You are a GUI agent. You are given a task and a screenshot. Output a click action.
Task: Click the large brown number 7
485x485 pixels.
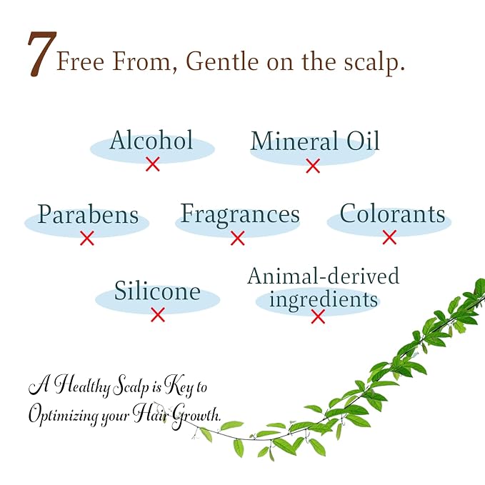point(42,54)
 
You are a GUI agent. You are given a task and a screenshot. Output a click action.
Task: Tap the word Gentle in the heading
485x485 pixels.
point(222,61)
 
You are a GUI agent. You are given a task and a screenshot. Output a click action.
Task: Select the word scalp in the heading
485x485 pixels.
point(374,63)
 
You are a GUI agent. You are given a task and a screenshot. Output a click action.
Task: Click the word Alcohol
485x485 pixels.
point(151,140)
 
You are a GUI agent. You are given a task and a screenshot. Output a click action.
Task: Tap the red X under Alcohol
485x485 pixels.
point(153,164)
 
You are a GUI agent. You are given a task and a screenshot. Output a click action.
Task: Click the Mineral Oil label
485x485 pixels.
point(315,141)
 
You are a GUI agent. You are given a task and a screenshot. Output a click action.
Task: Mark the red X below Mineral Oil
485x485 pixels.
point(313,166)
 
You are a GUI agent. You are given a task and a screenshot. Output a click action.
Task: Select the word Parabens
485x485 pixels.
point(88,214)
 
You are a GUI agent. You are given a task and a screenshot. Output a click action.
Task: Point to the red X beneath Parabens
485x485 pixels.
point(87,238)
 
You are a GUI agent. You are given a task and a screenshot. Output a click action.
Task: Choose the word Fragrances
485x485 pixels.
point(240,215)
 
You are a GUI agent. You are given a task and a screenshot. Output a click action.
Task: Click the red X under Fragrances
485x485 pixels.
point(238,238)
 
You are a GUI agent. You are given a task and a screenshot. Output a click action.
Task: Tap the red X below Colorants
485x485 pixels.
point(389,237)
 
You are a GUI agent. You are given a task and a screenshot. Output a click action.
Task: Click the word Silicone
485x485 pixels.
point(157,291)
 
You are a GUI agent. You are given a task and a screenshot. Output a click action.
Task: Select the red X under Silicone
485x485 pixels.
point(158,314)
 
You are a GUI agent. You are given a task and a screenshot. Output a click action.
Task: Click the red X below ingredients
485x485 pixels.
point(318,316)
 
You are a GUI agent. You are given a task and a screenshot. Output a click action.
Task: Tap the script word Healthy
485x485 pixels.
point(82,386)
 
